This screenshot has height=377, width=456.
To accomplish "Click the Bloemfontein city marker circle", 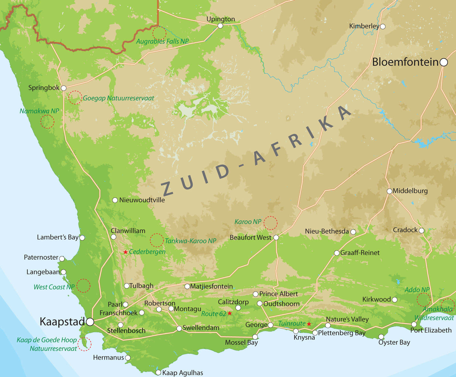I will (444, 62).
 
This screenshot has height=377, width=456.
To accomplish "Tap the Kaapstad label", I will (62, 322).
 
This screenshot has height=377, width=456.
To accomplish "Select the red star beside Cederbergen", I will (125, 252).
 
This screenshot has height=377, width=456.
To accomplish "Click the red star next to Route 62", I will (230, 313).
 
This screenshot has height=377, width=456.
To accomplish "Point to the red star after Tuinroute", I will (309, 324).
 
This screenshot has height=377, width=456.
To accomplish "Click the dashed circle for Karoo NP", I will (270, 223).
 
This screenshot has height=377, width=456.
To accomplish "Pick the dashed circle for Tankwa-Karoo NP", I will (157, 240).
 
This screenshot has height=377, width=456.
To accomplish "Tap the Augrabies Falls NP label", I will (162, 41).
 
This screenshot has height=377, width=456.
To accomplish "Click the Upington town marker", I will (220, 26).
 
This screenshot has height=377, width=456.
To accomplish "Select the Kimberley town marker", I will (383, 27).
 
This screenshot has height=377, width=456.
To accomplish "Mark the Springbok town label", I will (44, 88).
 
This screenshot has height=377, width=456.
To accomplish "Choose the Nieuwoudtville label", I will (142, 200).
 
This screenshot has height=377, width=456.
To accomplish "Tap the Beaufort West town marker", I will (276, 238).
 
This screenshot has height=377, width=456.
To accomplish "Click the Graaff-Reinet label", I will (360, 253).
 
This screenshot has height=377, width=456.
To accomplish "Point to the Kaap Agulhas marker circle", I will (158, 373).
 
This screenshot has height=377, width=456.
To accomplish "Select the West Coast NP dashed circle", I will (83, 285).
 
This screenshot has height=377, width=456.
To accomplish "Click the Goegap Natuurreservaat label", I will (118, 98).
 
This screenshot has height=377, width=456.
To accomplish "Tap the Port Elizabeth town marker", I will (414, 325).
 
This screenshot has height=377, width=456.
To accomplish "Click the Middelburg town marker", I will (389, 191).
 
